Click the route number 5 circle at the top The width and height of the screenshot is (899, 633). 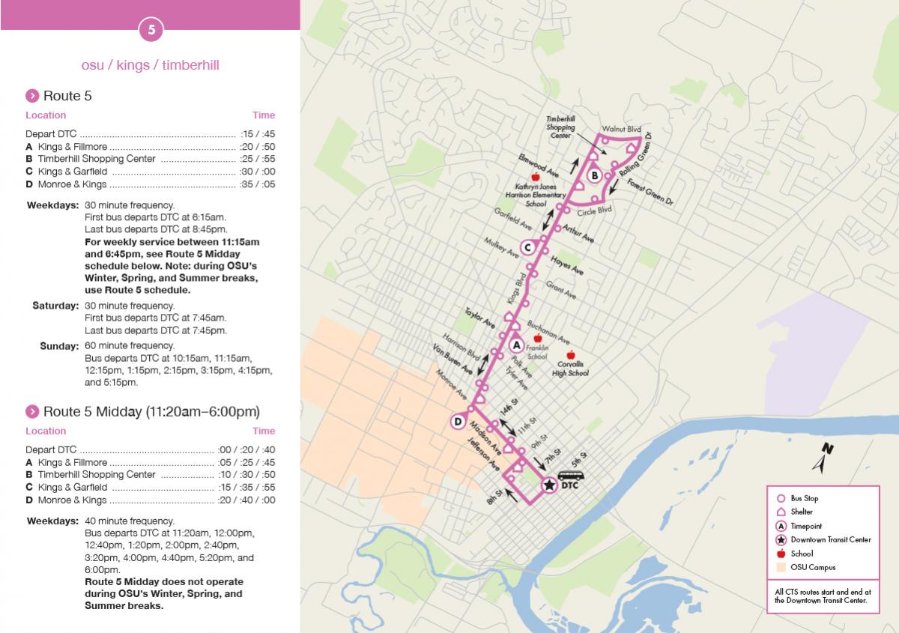tap(151, 31)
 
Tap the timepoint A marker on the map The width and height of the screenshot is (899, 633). tap(516, 345)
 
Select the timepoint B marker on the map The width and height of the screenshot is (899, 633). tap(594, 176)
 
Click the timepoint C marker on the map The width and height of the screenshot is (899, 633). tap(527, 247)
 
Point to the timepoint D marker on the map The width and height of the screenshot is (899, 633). tap(458, 422)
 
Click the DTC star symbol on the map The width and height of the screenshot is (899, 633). tap(548, 485)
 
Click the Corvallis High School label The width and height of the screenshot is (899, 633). tap(570, 369)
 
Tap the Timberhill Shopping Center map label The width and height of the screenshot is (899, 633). tap(560, 127)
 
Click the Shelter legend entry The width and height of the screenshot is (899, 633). tap(801, 512)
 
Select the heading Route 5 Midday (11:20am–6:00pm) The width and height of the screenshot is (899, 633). tap(151, 411)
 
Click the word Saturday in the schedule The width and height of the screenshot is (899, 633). tap(55, 306)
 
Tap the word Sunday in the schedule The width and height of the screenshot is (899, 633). tap(59, 345)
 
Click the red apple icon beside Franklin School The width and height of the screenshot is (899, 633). tap(537, 339)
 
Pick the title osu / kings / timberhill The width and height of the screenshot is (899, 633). tap(150, 65)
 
